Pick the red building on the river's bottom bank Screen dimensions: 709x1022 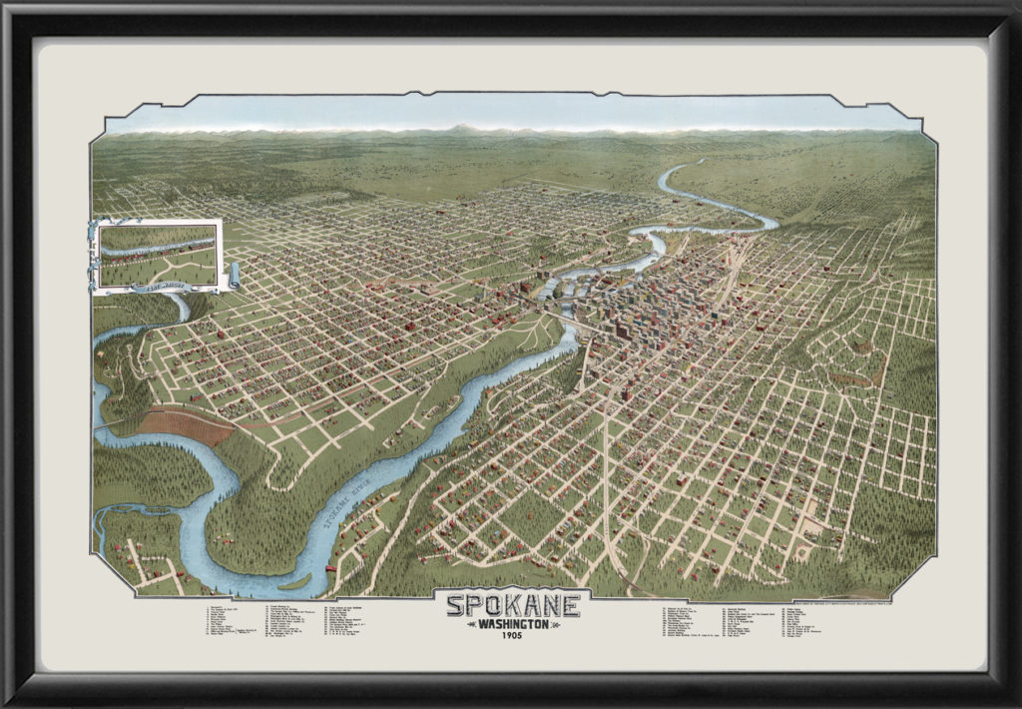click(x=330, y=568)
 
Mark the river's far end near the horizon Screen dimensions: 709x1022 click(x=689, y=165)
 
